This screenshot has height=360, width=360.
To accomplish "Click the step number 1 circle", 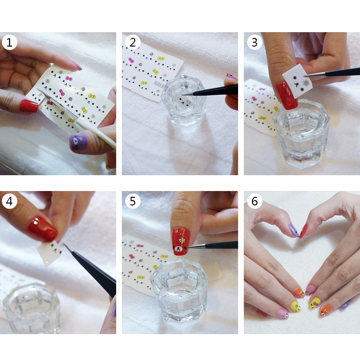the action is (9, 42).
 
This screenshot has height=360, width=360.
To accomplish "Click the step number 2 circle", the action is (132, 42).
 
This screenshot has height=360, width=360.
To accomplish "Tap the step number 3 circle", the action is (254, 42).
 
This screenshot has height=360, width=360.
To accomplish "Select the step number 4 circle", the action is (9, 201).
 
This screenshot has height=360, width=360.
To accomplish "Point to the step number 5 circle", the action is (132, 201).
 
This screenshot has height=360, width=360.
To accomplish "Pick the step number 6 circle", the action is (254, 201).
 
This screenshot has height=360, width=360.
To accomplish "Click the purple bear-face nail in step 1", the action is (79, 142).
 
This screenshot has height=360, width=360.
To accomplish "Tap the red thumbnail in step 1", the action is (29, 106).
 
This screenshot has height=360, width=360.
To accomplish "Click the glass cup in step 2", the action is (184, 101).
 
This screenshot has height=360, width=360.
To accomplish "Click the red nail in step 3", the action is (287, 96).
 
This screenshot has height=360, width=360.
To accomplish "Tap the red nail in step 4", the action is (43, 228).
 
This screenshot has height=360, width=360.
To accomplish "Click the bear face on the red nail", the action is (180, 249).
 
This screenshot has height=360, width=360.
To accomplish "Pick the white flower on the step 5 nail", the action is (182, 240).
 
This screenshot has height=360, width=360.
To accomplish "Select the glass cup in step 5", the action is (179, 292).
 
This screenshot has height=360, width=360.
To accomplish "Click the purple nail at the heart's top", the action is (294, 230).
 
